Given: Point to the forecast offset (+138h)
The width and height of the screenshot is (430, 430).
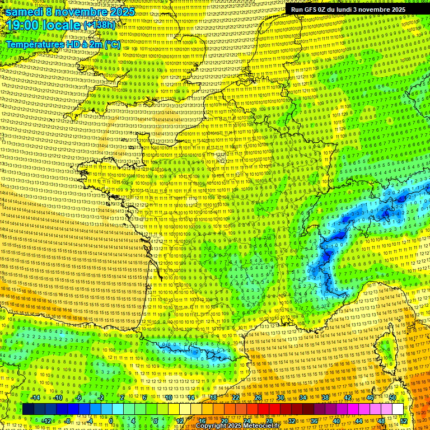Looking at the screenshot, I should pyautogui.click(x=100, y=25).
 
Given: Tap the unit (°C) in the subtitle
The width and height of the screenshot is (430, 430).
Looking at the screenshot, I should pyautogui.click(x=111, y=44).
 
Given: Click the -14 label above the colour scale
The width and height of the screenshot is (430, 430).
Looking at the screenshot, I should pyautogui.click(x=35, y=398).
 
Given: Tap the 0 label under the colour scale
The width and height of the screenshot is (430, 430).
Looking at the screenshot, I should pyautogui.click(x=110, y=420).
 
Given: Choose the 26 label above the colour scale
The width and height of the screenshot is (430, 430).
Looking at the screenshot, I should pyautogui.click(x=258, y=398).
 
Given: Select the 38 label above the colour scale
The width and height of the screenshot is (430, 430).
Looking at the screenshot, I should pyautogui.click(x=325, y=398).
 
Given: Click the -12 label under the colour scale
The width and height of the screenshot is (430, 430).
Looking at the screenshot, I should pyautogui.click(x=46, y=420).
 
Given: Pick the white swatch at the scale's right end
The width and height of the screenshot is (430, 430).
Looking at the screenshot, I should pyautogui.click(x=398, y=409).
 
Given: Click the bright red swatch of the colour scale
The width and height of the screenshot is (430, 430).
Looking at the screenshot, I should pyautogui.click(x=263, y=409).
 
